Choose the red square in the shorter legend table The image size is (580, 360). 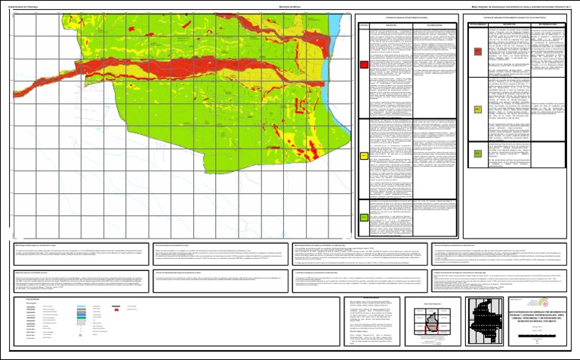(x=477, y=52)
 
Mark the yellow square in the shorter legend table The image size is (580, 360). (x=477, y=110)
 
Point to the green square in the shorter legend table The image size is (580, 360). (x=477, y=153)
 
